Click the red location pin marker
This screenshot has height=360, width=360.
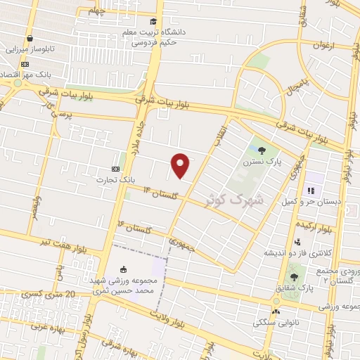tap(181, 165)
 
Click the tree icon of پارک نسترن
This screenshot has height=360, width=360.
tap(262, 150)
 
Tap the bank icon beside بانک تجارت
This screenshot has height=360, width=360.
tap(116, 169)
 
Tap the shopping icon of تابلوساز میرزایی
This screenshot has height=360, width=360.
tap(30, 39)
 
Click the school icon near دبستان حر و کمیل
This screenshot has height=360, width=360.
tap(309, 191)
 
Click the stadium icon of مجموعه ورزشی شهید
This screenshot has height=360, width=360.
tap(124, 269)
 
